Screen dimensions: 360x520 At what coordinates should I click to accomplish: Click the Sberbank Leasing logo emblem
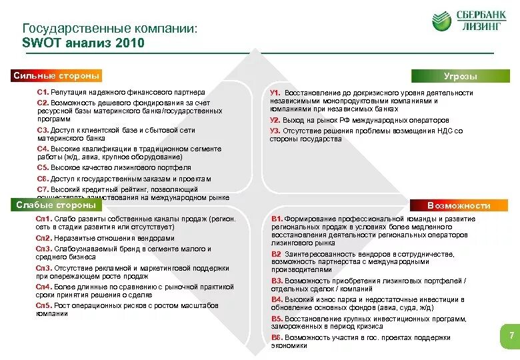[x=441, y=21]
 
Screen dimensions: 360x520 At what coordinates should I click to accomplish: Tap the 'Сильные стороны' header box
[x=57, y=76]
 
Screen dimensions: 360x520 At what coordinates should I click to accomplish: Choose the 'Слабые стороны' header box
[x=57, y=205]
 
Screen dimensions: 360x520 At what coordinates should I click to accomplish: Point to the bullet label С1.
[x=43, y=92]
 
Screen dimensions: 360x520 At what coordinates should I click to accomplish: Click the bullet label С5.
[x=43, y=168]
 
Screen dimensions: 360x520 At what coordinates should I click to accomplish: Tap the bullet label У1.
[x=275, y=93]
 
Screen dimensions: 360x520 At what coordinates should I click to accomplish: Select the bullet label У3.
[x=275, y=131]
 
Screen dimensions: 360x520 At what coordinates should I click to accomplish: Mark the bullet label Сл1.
[x=44, y=219]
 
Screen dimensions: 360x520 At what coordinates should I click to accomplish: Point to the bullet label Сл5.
[x=44, y=305]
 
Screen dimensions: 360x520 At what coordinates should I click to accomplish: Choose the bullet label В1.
[x=277, y=219]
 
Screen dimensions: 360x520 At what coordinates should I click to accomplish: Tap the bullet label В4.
[x=277, y=300]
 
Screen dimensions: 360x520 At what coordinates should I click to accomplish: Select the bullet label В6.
[x=277, y=338]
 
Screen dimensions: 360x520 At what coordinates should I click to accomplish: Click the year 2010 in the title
[x=128, y=43]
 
